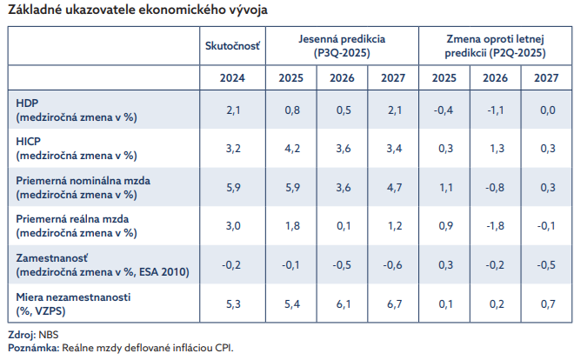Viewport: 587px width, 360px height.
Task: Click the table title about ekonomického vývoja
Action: tap(137, 11)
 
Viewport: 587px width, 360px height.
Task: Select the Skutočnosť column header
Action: tap(232, 45)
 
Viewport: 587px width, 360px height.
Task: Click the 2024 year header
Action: tap(232, 77)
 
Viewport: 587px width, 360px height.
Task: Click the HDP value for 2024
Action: tap(232, 110)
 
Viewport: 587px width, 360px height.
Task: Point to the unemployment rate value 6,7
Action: tap(393, 303)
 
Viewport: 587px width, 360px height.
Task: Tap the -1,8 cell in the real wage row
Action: tap(495, 227)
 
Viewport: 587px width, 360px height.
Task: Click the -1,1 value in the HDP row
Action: tap(495, 110)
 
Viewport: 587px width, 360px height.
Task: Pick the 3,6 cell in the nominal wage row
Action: tap(342, 188)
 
